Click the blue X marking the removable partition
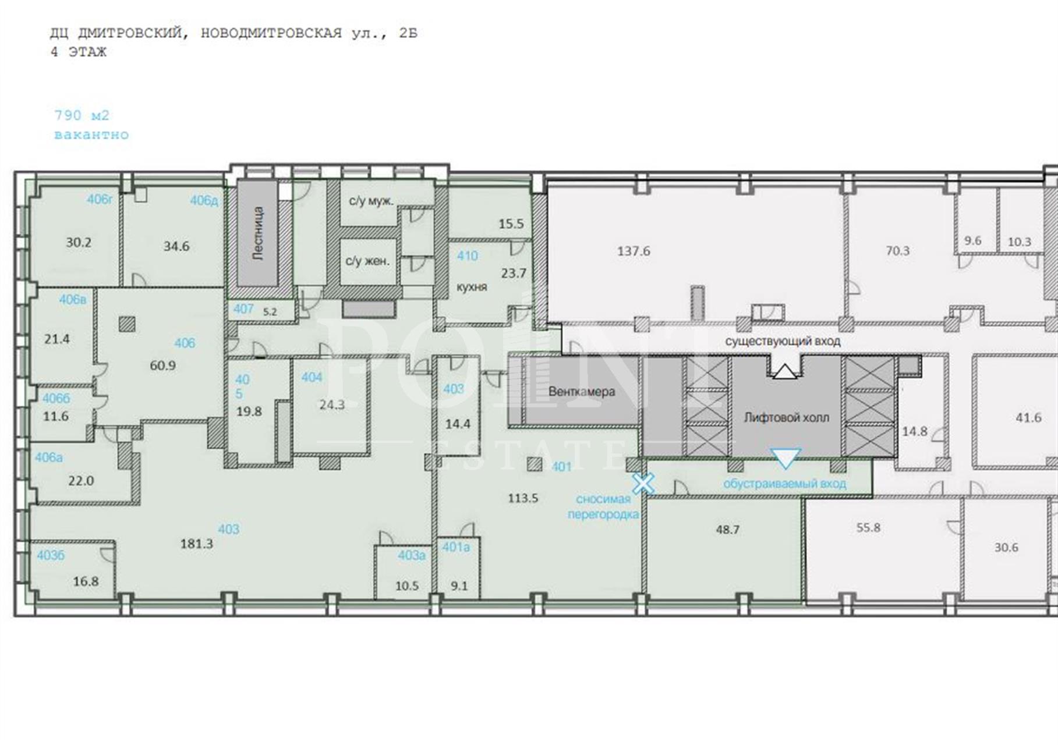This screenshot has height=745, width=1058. pyautogui.click(x=643, y=483)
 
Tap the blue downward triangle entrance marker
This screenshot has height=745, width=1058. pyautogui.click(x=785, y=458)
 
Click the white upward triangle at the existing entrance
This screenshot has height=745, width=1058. pyautogui.click(x=784, y=371)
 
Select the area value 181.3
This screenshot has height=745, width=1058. pyautogui.click(x=197, y=544)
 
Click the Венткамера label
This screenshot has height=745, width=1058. pyautogui.click(x=582, y=392)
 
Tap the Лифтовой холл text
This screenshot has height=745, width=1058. pyautogui.click(x=787, y=417)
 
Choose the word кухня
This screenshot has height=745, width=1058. pyautogui.click(x=472, y=287)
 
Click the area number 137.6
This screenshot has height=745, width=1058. pyautogui.click(x=634, y=251)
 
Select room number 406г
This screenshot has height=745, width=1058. pyautogui.click(x=100, y=199)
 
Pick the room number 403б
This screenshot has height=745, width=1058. pyautogui.click(x=51, y=555)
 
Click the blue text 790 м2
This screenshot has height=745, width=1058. pyautogui.click(x=82, y=115)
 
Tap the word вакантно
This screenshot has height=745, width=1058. pyautogui.click(x=91, y=134)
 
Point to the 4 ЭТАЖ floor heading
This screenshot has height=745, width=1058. pyautogui.click(x=79, y=52)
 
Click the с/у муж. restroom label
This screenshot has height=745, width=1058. pyautogui.click(x=371, y=201)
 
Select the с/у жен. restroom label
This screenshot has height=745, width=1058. pyautogui.click(x=367, y=261)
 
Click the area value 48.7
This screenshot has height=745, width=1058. pyautogui.click(x=728, y=530)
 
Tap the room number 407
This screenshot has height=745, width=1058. pyautogui.click(x=243, y=308)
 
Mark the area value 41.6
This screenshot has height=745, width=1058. pyautogui.click(x=1028, y=417)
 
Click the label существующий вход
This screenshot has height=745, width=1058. pyautogui.click(x=783, y=341)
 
